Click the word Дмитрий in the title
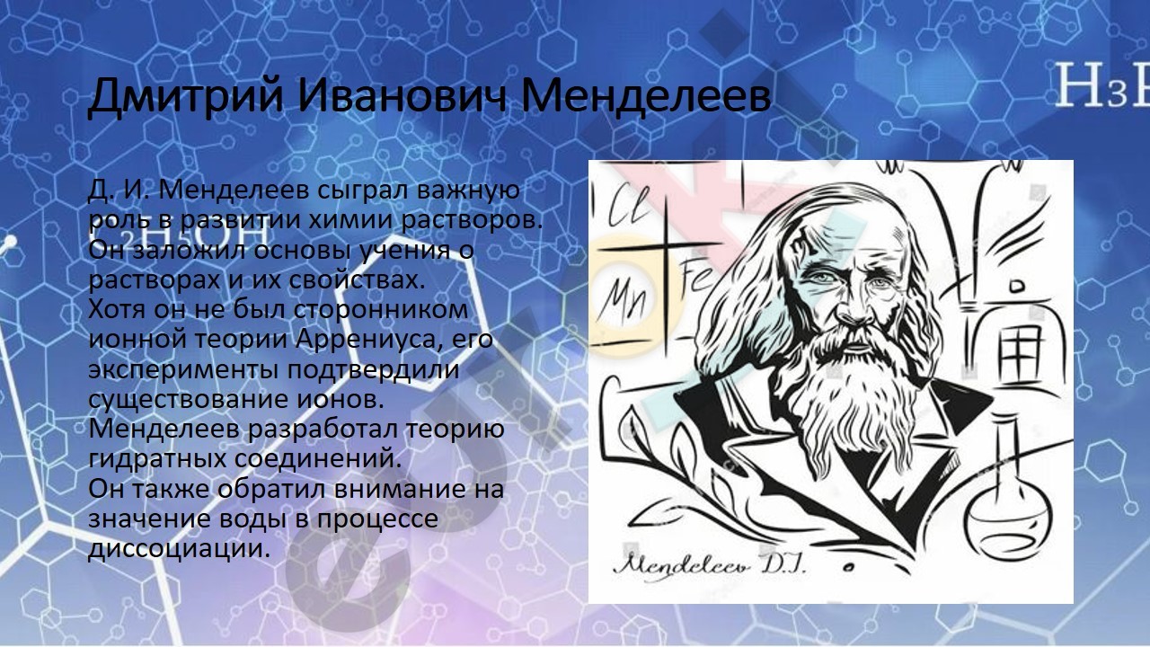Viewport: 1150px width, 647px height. coord(185,96)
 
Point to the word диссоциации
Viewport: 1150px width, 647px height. coord(179,549)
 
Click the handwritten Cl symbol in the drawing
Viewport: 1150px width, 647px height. coord(629,207)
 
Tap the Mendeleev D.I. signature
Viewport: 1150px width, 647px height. coord(710,566)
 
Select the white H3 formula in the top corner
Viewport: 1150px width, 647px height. coord(1101,93)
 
